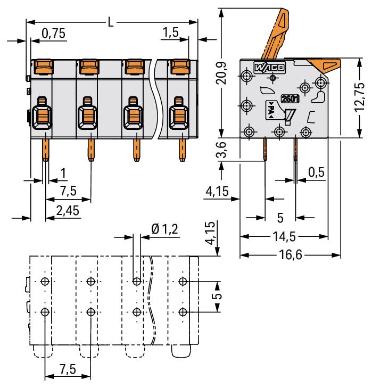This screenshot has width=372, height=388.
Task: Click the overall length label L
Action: coord(110,22)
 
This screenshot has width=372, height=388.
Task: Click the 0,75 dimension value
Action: coord(53,34)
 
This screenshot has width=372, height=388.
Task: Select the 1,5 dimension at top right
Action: coord(170,34)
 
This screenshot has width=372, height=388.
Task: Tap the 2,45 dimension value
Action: coord(68,211)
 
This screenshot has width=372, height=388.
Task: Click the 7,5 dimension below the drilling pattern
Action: coord(68,369)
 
